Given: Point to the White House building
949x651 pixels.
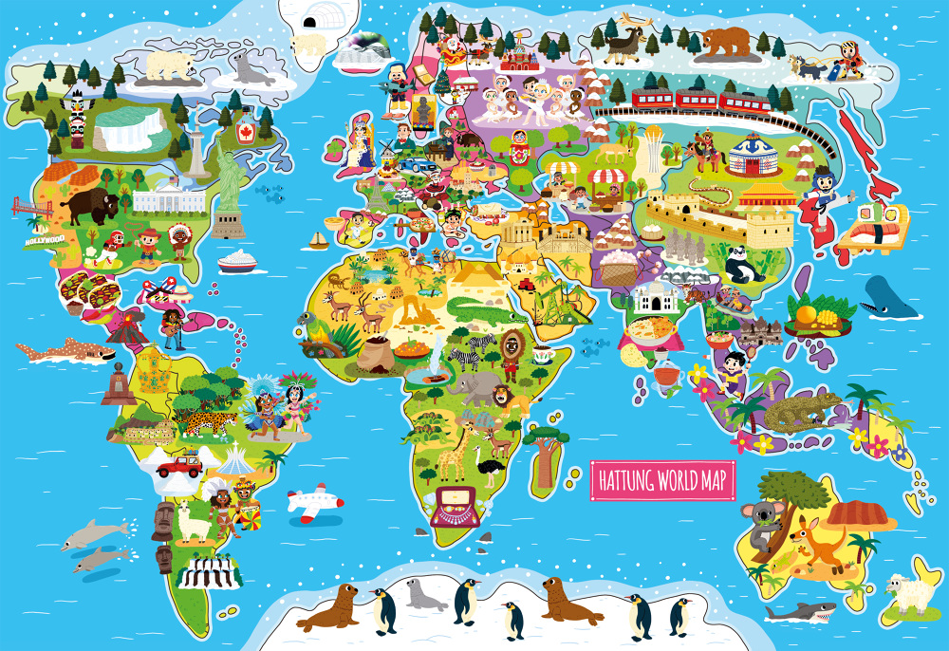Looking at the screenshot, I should tap(169, 198).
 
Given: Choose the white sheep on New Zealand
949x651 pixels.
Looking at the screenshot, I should tap(909, 594).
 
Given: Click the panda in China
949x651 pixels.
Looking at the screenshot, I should tap(743, 263).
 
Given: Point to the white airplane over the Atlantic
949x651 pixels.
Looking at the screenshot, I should tap(313, 502).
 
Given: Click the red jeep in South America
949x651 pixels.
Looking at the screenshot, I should tap(177, 464).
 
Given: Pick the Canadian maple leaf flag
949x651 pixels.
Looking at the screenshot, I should tap(246, 132).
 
